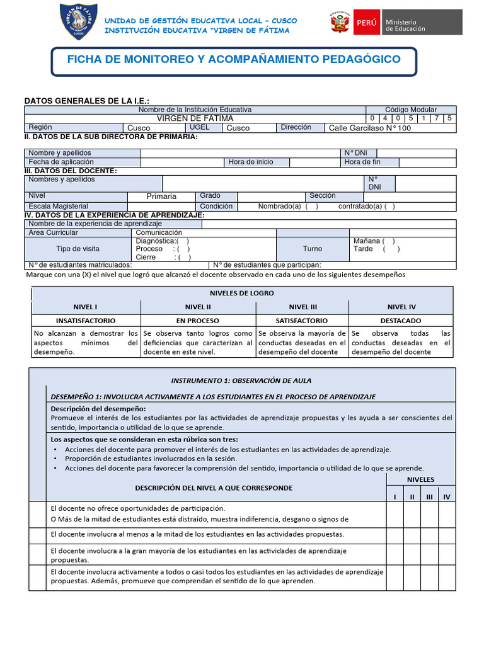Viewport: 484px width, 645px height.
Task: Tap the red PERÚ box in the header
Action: [366, 22]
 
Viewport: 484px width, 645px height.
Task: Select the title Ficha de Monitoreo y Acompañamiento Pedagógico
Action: [234, 59]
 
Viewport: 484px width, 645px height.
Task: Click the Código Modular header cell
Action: [410, 110]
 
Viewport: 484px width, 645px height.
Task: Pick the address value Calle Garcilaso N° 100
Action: [369, 128]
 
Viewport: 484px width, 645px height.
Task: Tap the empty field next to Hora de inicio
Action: [314, 162]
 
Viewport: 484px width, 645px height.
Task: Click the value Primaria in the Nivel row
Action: [161, 197]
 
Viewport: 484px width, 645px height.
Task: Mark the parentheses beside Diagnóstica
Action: [183, 241]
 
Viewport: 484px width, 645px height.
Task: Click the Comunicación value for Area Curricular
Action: [163, 232]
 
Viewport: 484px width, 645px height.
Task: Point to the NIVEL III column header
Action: [302, 307]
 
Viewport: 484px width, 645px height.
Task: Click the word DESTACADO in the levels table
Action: [401, 321]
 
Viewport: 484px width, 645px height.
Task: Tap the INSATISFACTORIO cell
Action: [86, 321]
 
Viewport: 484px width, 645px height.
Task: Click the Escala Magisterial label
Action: [59, 207]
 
